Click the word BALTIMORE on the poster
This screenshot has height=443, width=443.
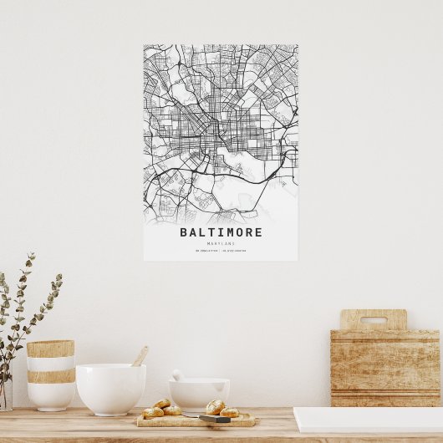pyautogui.click(x=221, y=232)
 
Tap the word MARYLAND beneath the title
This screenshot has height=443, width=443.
pyautogui.click(x=221, y=243)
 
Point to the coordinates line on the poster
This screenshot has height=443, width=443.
pyautogui.click(x=221, y=251)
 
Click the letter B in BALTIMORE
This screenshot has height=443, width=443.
pyautogui.click(x=184, y=232)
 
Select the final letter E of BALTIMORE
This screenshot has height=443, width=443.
pyautogui.click(x=258, y=232)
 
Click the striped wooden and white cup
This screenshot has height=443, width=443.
pyautogui.click(x=51, y=374)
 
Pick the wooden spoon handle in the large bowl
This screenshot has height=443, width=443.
pyautogui.click(x=140, y=356)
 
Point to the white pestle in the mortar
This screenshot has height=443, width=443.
pyautogui.click(x=178, y=375)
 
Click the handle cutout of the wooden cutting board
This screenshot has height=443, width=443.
pyautogui.click(x=373, y=320)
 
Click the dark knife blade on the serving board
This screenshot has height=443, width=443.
pyautogui.click(x=213, y=419)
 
